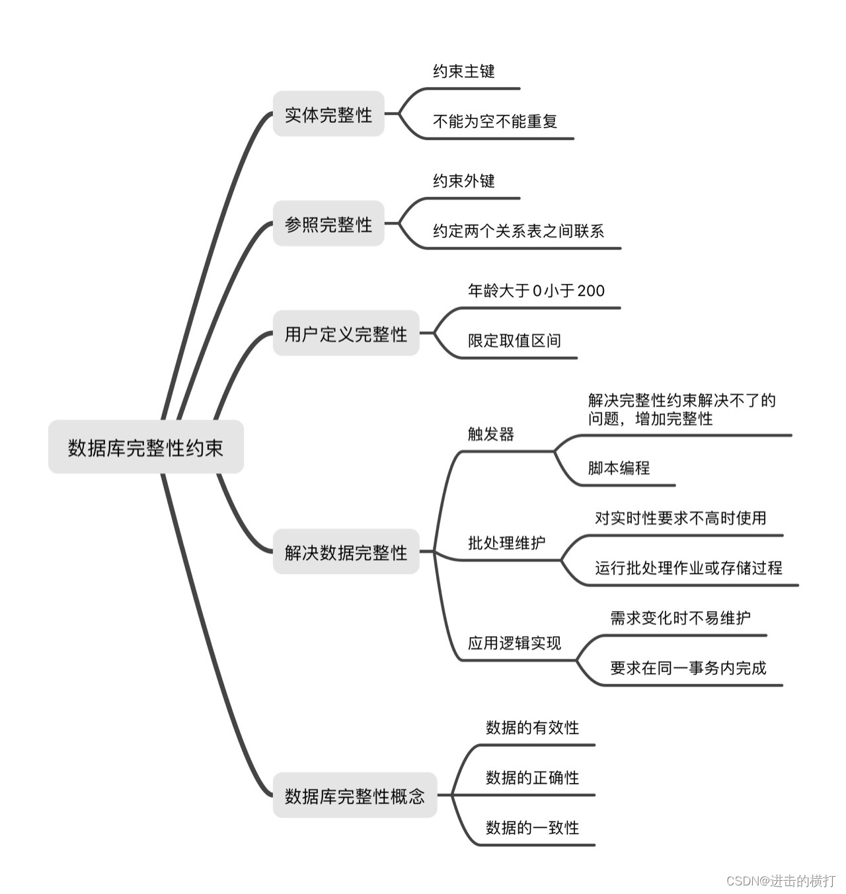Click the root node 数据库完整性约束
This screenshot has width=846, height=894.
pyautogui.click(x=145, y=447)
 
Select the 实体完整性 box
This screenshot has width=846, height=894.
pyautogui.click(x=328, y=114)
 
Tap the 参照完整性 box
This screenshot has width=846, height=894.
pyautogui.click(x=328, y=224)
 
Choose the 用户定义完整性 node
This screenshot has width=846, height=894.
pyautogui.click(x=346, y=334)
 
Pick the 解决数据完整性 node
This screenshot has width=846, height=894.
pyautogui.click(x=346, y=552)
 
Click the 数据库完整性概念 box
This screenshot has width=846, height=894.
pyautogui.click(x=355, y=796)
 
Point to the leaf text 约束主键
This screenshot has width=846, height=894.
pyautogui.click(x=464, y=71)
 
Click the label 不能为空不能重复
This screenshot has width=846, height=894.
pyautogui.click(x=495, y=122)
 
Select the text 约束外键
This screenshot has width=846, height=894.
pyautogui.click(x=464, y=181)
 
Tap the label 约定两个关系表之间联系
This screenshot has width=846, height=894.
pyautogui.click(x=518, y=231)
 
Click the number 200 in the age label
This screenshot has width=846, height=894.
pyautogui.click(x=591, y=291)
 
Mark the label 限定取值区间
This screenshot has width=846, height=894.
pyautogui.click(x=514, y=341)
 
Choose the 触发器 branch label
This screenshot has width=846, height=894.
pyautogui.click(x=490, y=434)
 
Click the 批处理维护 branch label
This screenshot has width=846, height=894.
pyautogui.click(x=506, y=543)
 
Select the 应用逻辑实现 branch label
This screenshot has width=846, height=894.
pyautogui.click(x=514, y=643)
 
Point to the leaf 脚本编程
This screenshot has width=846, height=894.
pyautogui.click(x=619, y=468)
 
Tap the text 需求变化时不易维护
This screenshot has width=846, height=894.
pyautogui.click(x=680, y=618)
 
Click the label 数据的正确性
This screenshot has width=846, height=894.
pyautogui.click(x=532, y=778)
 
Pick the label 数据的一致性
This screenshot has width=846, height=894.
pyautogui.click(x=532, y=828)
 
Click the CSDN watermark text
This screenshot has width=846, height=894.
pyautogui.click(x=781, y=881)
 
